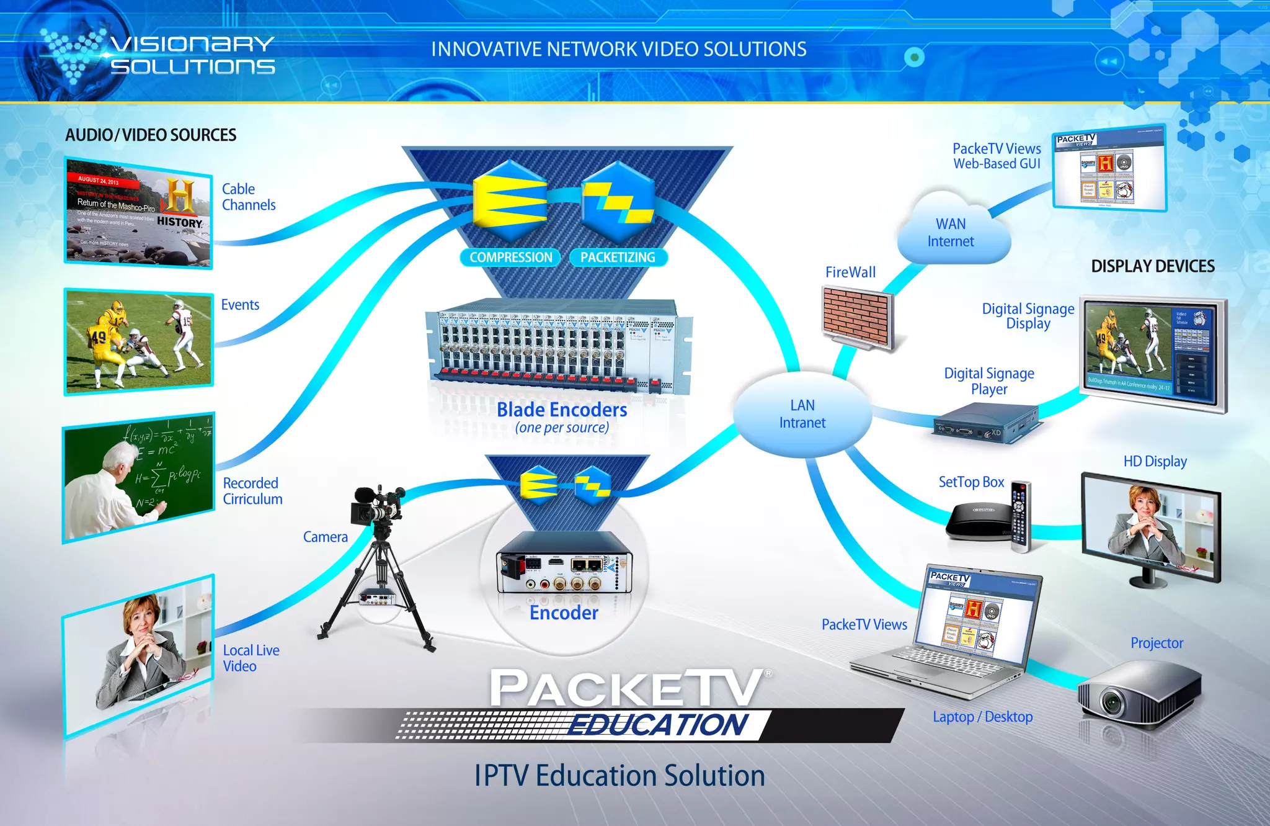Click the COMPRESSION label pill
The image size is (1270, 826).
click(x=510, y=258)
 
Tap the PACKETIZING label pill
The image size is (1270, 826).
click(x=618, y=258)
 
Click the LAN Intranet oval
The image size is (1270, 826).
click(x=802, y=414)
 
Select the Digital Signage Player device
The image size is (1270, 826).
click(x=987, y=424)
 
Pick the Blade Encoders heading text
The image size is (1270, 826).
click(x=562, y=410)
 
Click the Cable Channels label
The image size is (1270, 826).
click(x=248, y=197)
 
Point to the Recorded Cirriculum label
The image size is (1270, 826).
click(x=252, y=491)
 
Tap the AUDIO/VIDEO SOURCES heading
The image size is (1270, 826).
click(x=151, y=135)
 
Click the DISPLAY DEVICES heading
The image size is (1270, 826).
click(x=1152, y=266)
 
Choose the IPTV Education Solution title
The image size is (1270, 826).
click(x=619, y=776)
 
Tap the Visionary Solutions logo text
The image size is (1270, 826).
click(x=192, y=55)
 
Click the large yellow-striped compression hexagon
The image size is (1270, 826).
click(x=510, y=200)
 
